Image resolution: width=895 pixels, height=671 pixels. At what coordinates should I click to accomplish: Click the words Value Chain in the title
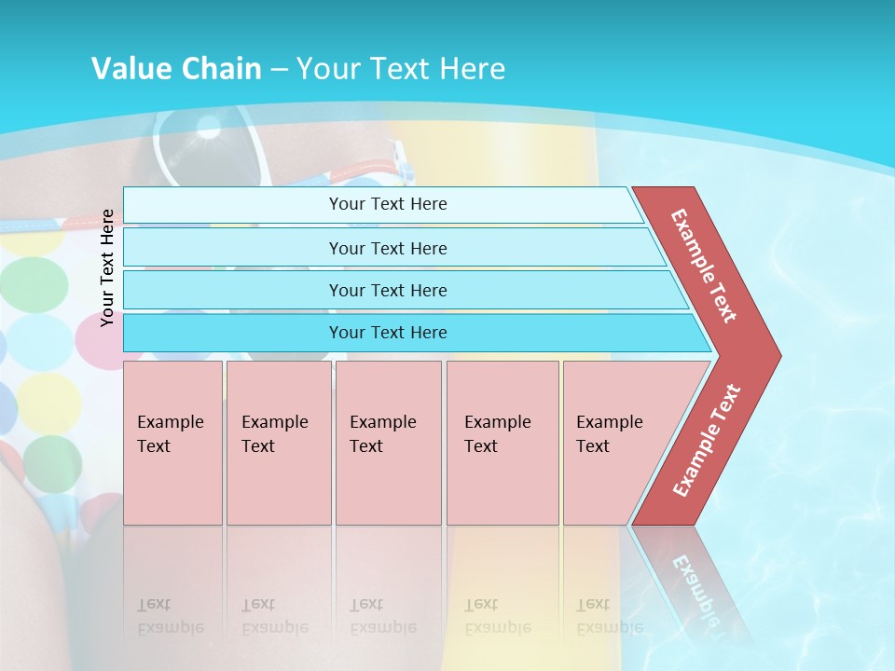(x=176, y=69)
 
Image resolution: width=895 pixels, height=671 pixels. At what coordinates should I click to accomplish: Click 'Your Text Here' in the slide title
(x=401, y=69)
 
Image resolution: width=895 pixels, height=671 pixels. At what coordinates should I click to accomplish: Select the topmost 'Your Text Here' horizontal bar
(x=388, y=204)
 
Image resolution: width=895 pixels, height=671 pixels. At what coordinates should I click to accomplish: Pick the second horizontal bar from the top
(x=388, y=248)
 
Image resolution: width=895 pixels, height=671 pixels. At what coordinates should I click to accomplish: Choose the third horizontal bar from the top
(x=388, y=290)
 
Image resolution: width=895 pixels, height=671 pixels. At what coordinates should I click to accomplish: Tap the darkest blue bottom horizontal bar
(x=388, y=333)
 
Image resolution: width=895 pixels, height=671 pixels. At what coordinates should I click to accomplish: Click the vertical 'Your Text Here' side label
(x=108, y=267)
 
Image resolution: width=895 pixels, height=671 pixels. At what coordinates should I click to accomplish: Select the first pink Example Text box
(x=172, y=442)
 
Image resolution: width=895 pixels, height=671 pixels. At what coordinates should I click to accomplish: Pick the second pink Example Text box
(x=278, y=442)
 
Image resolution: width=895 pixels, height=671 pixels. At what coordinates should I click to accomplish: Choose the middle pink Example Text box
(x=388, y=442)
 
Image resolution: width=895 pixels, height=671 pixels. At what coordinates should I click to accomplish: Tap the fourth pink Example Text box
(x=502, y=442)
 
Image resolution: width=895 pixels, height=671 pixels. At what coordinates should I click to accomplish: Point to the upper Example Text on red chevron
(x=704, y=266)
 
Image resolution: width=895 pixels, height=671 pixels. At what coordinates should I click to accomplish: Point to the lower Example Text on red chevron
(x=707, y=440)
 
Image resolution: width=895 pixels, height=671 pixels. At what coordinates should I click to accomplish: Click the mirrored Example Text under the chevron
(x=694, y=582)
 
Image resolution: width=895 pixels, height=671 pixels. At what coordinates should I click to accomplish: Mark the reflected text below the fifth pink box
(x=610, y=615)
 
